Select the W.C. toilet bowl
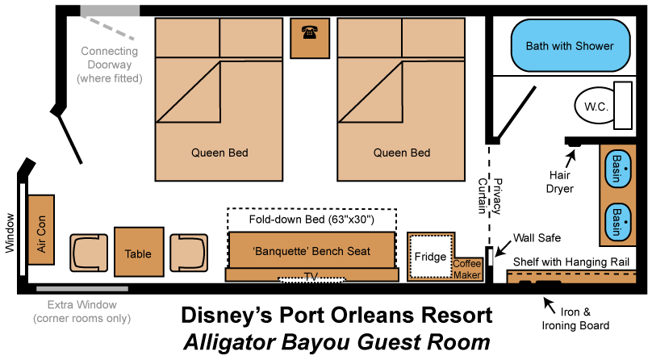(x=595, y=107)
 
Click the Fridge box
(x=431, y=257)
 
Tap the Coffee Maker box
(x=467, y=270)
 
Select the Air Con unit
(x=40, y=229)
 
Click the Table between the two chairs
(x=139, y=253)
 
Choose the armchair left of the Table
(x=89, y=253)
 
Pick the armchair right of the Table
(x=188, y=253)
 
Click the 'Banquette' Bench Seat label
(x=311, y=251)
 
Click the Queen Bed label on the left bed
(x=219, y=153)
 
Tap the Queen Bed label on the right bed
(x=402, y=153)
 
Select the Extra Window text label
(x=81, y=305)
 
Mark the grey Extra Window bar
(x=81, y=288)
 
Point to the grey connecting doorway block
(x=111, y=10)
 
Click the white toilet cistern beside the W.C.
(x=623, y=105)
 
